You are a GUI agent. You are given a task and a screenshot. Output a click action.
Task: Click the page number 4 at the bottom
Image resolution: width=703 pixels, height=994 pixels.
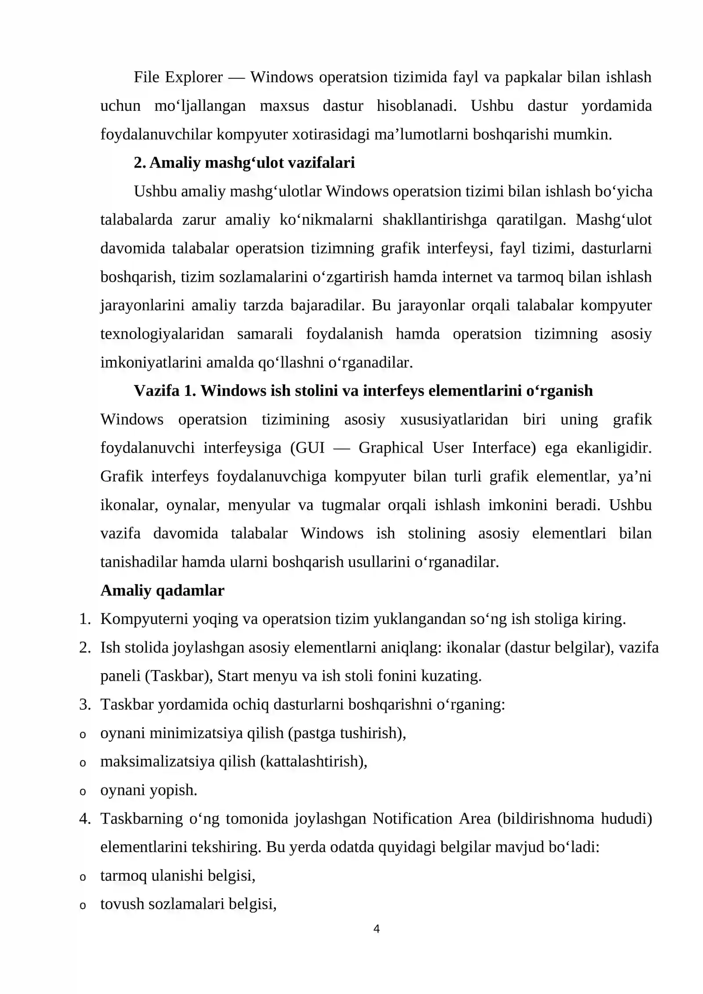376,929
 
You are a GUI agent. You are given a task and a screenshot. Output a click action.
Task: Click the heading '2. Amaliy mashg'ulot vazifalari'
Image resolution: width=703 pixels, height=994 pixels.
244,163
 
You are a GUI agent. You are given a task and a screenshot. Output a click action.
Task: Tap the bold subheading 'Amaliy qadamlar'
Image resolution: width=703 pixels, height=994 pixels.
162,591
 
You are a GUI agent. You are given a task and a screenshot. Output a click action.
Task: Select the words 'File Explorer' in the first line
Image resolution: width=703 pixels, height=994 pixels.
178,77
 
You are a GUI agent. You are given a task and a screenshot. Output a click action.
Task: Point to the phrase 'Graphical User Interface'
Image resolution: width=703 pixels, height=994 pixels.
447,448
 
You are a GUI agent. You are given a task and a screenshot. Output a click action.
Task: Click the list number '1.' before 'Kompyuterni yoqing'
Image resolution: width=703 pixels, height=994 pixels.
85,619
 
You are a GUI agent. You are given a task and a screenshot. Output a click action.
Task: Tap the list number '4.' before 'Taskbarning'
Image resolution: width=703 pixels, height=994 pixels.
85,819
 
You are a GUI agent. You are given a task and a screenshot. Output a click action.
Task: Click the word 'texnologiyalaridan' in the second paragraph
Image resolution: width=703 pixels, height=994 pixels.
162,334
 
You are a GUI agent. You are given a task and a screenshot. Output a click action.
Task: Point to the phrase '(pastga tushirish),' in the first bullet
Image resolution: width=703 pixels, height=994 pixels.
347,733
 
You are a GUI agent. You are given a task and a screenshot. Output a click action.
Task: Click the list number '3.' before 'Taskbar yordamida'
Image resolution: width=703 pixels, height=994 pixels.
85,704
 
